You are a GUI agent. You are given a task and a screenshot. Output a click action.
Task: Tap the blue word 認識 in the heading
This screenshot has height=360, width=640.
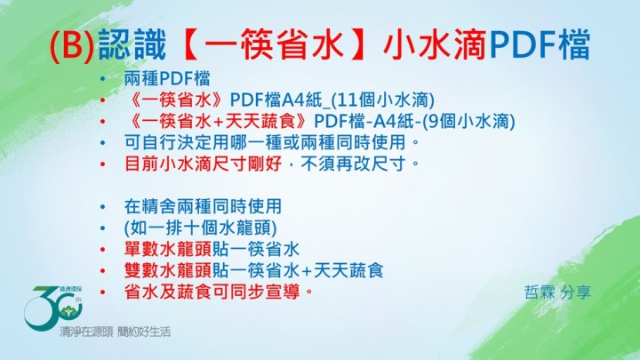click(x=132, y=44)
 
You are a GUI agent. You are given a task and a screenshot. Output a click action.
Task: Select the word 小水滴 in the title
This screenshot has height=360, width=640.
click(x=435, y=44)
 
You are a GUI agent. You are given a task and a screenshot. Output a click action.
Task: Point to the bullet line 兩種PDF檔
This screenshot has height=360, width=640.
click(x=167, y=78)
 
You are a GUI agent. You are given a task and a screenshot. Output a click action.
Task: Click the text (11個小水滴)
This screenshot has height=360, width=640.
click(x=382, y=100)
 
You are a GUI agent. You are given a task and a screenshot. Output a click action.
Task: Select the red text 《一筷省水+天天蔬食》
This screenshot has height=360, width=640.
click(x=219, y=121)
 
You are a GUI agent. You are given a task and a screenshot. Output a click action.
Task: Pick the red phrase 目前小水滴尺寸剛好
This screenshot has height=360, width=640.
click(x=204, y=164)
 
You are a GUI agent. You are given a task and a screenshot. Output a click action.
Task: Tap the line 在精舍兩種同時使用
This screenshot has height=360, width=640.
click(x=203, y=206)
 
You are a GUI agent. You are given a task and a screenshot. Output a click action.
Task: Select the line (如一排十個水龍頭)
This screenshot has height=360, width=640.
click(x=200, y=228)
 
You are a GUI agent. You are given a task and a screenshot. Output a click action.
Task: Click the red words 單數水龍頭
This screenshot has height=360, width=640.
click(x=168, y=249)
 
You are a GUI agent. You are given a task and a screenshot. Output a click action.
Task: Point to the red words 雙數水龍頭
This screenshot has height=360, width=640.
click(x=168, y=270)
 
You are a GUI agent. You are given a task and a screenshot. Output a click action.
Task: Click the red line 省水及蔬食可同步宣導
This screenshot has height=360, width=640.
click(x=219, y=292)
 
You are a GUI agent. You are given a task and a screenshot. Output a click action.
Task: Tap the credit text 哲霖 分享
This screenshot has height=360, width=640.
click(x=557, y=292)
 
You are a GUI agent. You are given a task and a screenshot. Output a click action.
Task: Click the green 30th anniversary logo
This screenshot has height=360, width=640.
click(x=54, y=307)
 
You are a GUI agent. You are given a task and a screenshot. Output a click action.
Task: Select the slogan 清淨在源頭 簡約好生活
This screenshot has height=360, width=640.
click(x=115, y=332)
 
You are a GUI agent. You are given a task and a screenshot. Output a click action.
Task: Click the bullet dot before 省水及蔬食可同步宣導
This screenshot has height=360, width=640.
click(x=102, y=292)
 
